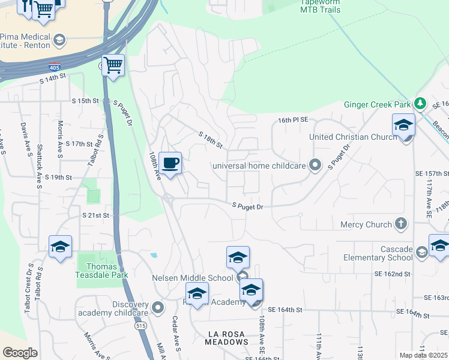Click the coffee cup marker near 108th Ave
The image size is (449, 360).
point(170,163)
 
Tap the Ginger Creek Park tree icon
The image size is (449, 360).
point(420,104)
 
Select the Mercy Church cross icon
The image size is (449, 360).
point(401,224)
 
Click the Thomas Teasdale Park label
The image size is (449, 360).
point(102,271)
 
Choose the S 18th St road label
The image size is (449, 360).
point(211,141)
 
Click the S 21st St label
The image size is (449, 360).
point(96,214)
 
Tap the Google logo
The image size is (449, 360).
point(20,353)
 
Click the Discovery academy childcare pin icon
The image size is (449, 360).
point(158,308)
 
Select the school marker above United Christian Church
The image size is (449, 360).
point(403,126)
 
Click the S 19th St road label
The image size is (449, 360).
point(59,178)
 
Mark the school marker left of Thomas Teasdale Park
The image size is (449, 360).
point(60,246)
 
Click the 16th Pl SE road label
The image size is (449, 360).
point(292,120)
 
